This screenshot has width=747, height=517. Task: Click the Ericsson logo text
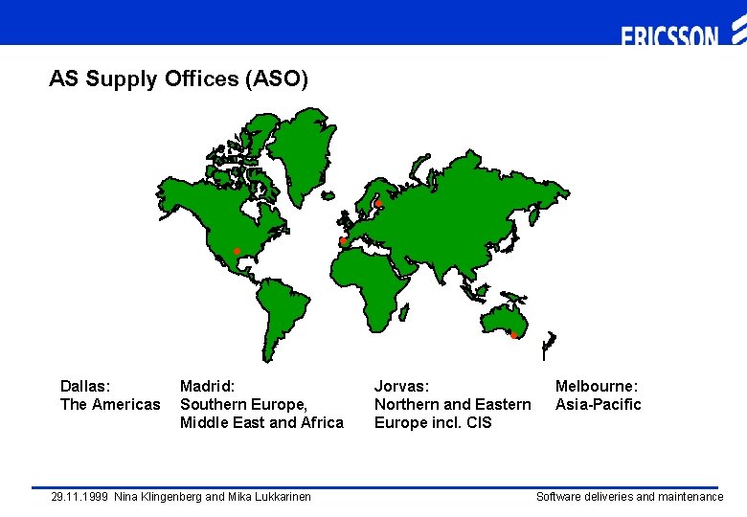[669, 37]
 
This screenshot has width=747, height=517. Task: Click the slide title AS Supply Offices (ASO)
[179, 79]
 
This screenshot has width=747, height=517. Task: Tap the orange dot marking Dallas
[237, 251]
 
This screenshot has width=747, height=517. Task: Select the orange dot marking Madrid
[342, 241]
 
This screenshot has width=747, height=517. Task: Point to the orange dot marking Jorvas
[377, 204]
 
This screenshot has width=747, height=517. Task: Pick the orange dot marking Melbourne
[513, 335]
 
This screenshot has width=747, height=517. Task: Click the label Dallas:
[85, 387]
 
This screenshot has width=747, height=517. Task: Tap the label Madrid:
[207, 387]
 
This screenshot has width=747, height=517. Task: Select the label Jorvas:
[401, 387]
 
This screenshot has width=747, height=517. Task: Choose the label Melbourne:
[597, 387]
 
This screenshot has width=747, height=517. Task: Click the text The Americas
[110, 405]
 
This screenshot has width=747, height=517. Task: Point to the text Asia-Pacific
[599, 405]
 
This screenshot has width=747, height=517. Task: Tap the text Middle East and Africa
[261, 423]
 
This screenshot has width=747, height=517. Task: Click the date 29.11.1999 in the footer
[79, 497]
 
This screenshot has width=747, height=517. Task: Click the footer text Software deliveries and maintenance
[629, 497]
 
